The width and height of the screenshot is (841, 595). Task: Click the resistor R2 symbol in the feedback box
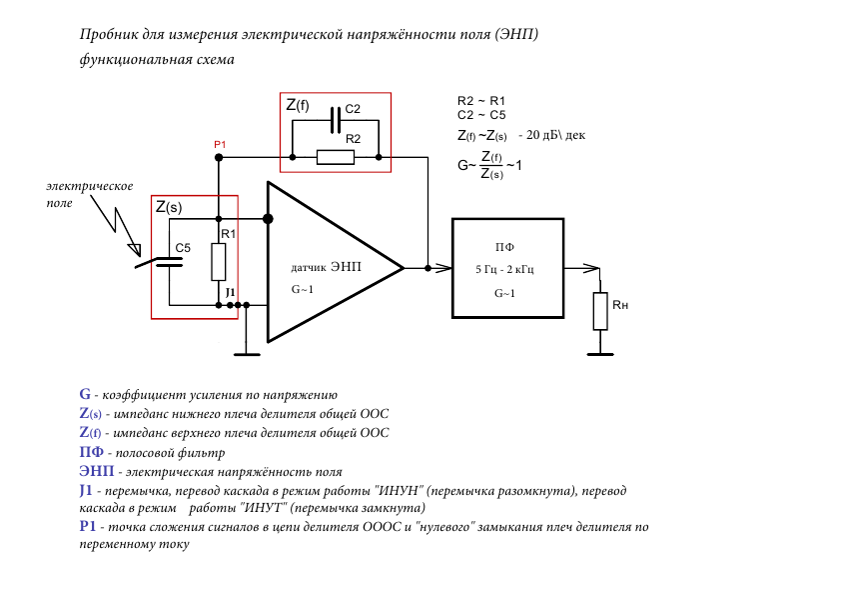pos(336,157)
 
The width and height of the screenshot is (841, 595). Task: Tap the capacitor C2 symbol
pos(336,119)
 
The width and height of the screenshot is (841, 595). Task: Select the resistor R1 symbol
pos(219,262)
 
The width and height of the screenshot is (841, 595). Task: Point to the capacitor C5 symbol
pos(171,264)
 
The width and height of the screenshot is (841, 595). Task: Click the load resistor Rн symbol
pos(599,311)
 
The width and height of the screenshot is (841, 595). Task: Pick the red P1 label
pos(220,145)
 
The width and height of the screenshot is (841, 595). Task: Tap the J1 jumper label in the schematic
pos(230,292)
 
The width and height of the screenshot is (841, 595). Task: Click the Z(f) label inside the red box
pos(298,105)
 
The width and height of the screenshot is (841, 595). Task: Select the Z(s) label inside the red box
pos(169,207)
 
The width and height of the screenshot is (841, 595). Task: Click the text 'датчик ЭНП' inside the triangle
pos(326,268)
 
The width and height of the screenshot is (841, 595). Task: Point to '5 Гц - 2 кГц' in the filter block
pos(505,270)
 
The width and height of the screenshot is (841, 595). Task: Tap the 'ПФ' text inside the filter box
pos(505,246)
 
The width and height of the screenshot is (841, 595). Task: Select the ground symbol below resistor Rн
pos(599,351)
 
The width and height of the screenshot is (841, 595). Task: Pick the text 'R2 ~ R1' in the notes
pos(481,101)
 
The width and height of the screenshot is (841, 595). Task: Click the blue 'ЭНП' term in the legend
pos(96,471)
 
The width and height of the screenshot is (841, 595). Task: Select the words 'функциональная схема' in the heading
pos(157,60)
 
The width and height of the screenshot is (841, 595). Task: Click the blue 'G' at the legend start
pos(85,395)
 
